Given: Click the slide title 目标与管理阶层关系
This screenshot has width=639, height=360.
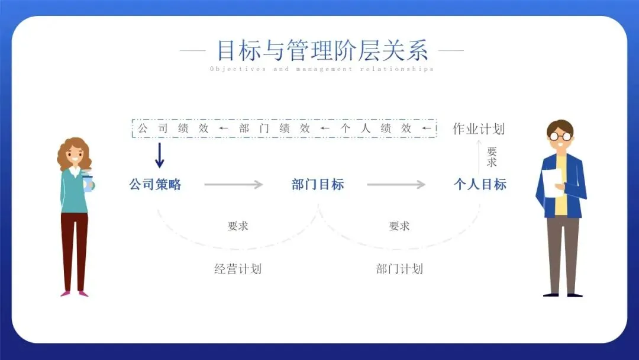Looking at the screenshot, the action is tap(322, 50).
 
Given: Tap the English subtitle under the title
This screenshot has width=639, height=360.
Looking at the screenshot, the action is tap(322, 69).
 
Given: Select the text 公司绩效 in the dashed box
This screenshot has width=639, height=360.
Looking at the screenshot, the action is tap(173, 128).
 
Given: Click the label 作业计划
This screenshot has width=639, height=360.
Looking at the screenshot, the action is tap(479, 128).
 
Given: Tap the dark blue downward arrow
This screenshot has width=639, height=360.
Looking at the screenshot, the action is tap(159, 155).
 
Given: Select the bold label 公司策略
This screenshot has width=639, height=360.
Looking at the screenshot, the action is tap(155, 184).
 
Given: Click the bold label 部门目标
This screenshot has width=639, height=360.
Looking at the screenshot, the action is tap(318, 184).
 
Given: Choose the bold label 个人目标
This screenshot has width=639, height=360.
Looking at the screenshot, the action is tap(480, 184).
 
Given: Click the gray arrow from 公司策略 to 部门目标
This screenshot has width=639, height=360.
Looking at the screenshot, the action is tap(233, 185).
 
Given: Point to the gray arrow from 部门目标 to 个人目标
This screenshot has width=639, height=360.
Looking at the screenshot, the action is tap(396, 185).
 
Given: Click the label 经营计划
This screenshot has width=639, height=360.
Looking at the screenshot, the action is tap(237, 269).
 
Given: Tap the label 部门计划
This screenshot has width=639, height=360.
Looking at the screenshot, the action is tap(399, 269).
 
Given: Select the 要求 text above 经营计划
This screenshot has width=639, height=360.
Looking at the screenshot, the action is tap(237, 226).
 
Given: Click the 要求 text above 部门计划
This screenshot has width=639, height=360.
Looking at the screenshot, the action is tap(399, 226).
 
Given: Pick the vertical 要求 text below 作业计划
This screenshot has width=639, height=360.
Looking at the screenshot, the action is tap(492, 157).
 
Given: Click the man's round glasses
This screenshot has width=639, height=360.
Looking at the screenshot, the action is tap(560, 136).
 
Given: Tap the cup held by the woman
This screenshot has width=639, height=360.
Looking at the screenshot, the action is tap(88, 181).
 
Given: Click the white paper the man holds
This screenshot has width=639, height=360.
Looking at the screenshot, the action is tap(553, 183).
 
